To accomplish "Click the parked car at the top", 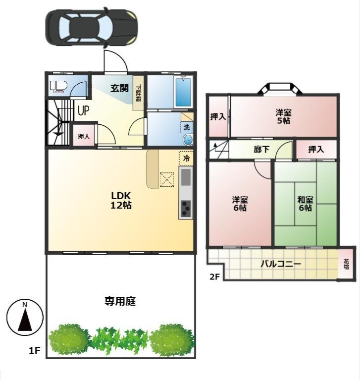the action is pyautogui.click(x=92, y=27).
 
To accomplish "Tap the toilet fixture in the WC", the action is pyautogui.click(x=58, y=87).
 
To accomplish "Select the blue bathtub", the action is pyautogui.click(x=183, y=92).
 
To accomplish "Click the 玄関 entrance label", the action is pyautogui.click(x=119, y=88).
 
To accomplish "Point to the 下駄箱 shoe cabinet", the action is pyautogui.click(x=138, y=93).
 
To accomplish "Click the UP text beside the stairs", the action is pyautogui.click(x=83, y=110).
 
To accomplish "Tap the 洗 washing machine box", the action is pyautogui.click(x=187, y=127).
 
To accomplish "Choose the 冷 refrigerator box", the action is pyautogui.click(x=186, y=159).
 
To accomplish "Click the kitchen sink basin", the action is pyautogui.click(x=186, y=177).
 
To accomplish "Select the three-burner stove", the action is pyautogui.click(x=186, y=209).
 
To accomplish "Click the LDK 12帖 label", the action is pyautogui.click(x=121, y=200).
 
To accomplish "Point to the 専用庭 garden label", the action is pyautogui.click(x=120, y=301).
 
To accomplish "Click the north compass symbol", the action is pyautogui.click(x=25, y=318).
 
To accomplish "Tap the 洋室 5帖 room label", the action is pyautogui.click(x=283, y=116).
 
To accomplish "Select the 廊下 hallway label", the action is pyautogui.click(x=261, y=149).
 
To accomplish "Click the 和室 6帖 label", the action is pyautogui.click(x=305, y=204).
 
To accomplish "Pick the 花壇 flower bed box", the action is pyautogui.click(x=347, y=264).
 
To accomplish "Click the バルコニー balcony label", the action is pyautogui.click(x=281, y=264).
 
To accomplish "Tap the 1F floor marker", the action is pyautogui.click(x=34, y=350).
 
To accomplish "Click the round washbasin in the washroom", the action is pyautogui.click(x=188, y=140).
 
